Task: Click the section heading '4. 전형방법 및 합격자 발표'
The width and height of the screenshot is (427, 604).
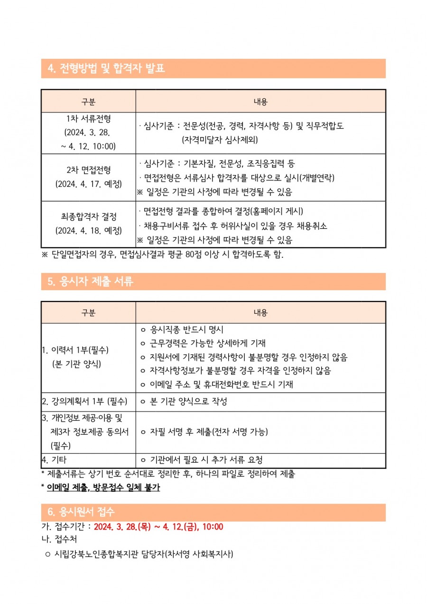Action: click(106, 69)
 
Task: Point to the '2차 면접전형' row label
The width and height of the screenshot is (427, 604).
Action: click(88, 170)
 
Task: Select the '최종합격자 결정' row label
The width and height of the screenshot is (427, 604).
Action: click(88, 217)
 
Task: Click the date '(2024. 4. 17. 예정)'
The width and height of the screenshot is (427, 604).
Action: click(88, 183)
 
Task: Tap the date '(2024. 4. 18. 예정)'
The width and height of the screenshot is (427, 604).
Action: click(88, 231)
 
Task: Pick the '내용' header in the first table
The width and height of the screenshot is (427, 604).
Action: click(260, 101)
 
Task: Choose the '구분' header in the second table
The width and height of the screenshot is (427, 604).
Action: click(88, 312)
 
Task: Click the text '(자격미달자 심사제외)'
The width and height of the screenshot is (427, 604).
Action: click(220, 140)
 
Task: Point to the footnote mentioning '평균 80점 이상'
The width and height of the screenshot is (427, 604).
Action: click(163, 255)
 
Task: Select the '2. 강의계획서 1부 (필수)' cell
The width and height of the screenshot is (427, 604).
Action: click(84, 402)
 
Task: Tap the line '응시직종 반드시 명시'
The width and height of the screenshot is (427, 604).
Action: click(186, 329)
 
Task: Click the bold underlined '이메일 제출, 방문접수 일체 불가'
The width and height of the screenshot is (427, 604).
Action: click(103, 487)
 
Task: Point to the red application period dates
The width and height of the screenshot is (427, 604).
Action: click(158, 527)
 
